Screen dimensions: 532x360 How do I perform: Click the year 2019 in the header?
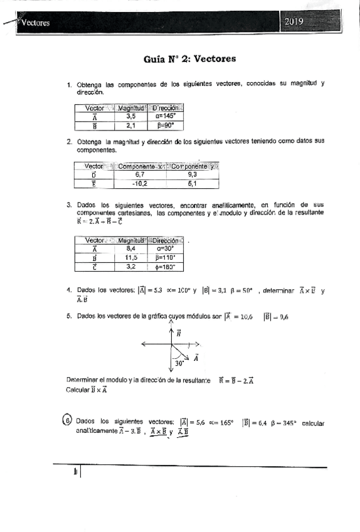pos(294,22)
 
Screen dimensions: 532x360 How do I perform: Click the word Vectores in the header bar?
pos(35,24)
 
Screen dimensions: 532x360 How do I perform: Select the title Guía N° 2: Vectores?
pos(189,59)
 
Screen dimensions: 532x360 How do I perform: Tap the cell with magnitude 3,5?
pos(131,116)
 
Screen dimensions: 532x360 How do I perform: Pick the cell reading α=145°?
pos(164,116)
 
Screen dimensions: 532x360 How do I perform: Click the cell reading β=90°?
pos(164,125)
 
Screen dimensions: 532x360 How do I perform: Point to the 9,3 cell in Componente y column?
pos(193,174)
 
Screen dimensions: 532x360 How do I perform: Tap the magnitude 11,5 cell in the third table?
pos(131,257)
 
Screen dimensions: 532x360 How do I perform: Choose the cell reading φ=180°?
pos(164,267)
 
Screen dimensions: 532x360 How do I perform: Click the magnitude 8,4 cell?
pos(131,248)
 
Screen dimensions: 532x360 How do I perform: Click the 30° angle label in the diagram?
pos(179,363)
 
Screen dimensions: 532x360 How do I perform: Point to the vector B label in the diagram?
pos(179,334)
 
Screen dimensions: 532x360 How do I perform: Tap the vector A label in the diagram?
pos(196,358)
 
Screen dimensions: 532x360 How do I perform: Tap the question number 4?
pos(68,290)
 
